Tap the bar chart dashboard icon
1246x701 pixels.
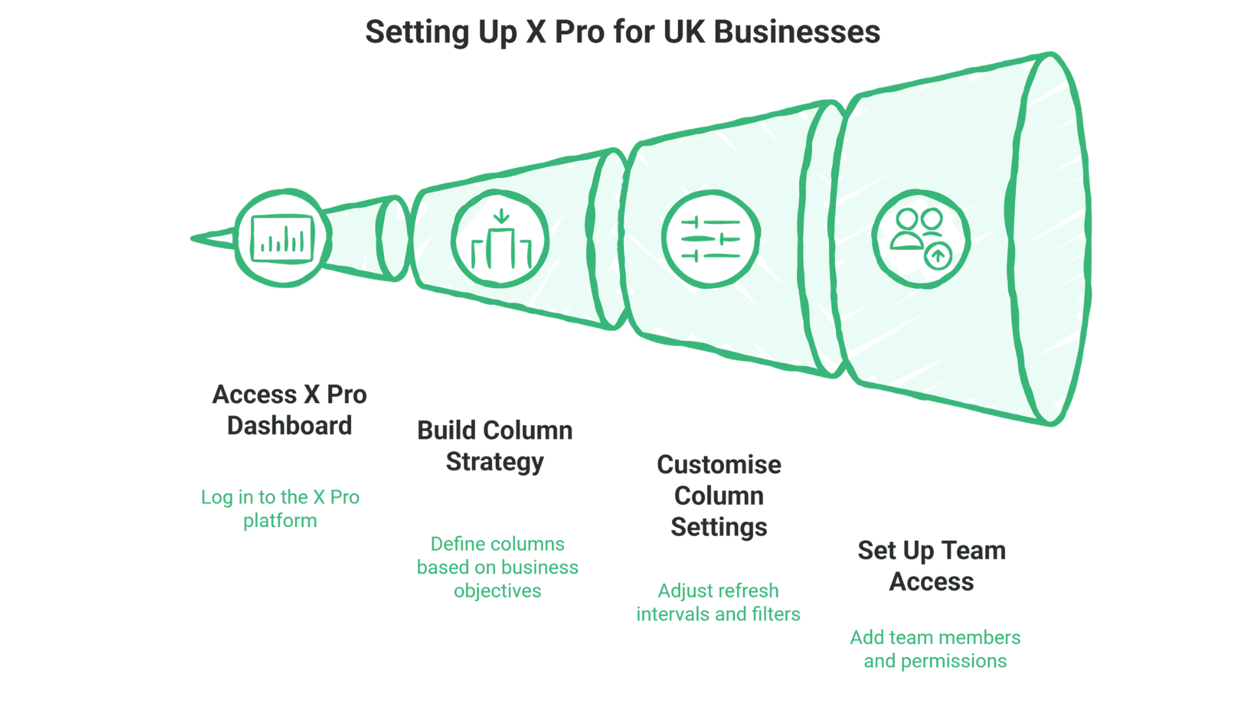(283, 239)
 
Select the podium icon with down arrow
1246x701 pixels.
(500, 239)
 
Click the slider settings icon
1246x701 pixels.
(711, 239)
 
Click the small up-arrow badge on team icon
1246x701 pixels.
(938, 256)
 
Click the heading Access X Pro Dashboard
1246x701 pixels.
(289, 410)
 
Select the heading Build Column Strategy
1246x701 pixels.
(495, 446)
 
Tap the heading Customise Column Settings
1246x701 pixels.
(718, 495)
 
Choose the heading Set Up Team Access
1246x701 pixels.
(931, 565)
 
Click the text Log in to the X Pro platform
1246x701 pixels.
(280, 508)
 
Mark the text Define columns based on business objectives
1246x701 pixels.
(497, 567)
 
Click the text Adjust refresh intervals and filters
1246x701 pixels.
(718, 602)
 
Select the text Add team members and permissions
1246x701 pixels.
(934, 648)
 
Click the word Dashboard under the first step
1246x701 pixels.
(289, 426)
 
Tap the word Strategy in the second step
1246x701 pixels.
(495, 462)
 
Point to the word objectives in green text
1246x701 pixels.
(497, 591)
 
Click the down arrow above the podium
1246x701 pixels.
(501, 216)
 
